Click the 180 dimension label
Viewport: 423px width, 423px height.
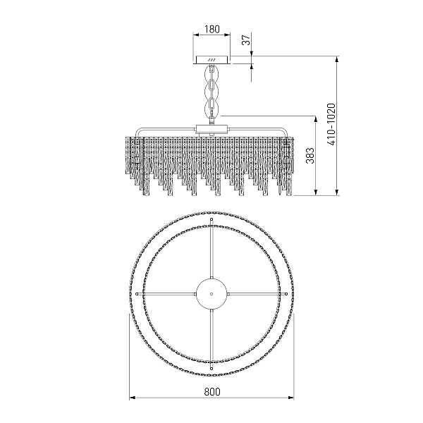(x=212, y=29)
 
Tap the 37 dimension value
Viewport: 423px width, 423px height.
(x=246, y=40)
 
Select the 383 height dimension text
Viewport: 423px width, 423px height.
(x=310, y=156)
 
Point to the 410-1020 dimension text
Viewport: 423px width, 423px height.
(x=331, y=124)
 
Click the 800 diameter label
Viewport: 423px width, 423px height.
(x=212, y=391)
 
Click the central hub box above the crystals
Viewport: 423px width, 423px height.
(x=211, y=130)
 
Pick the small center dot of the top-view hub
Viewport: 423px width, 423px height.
(x=211, y=294)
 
